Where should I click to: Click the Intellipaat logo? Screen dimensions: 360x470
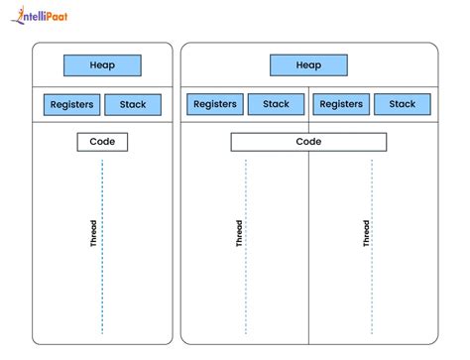click(x=48, y=16)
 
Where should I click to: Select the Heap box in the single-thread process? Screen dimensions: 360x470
click(x=102, y=65)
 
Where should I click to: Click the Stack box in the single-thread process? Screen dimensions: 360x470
click(x=132, y=104)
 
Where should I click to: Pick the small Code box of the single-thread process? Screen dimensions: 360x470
click(x=102, y=142)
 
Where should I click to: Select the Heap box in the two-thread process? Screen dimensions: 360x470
click(x=308, y=65)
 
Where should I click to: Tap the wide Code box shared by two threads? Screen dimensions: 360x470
click(x=308, y=142)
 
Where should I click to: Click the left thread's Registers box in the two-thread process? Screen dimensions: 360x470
click(x=214, y=104)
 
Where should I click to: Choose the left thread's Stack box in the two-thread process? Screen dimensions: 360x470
click(x=276, y=104)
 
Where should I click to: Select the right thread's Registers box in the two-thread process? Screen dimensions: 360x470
click(x=341, y=104)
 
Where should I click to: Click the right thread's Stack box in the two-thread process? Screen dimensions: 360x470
click(x=403, y=104)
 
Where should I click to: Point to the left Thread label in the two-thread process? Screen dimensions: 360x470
click(x=238, y=233)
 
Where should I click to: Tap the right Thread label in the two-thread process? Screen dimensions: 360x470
click(x=365, y=233)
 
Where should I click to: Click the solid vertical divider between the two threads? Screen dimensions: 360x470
click(x=308, y=248)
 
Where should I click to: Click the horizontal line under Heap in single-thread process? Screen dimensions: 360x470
click(x=102, y=86)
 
